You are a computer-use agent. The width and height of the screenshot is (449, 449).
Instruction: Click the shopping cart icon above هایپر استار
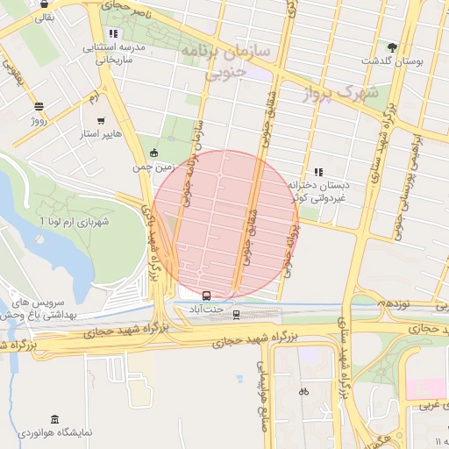(x=102, y=121)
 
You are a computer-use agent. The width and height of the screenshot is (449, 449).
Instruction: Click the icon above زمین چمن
(x=154, y=153)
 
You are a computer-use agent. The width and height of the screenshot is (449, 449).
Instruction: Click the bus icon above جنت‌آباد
(x=207, y=296)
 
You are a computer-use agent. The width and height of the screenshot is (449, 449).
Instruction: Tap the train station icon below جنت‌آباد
(x=236, y=315)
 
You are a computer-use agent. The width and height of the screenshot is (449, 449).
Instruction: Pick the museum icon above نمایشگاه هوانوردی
(x=55, y=419)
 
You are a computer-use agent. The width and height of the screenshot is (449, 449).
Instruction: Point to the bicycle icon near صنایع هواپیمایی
(x=303, y=391)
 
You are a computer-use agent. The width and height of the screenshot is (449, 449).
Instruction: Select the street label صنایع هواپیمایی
(x=262, y=396)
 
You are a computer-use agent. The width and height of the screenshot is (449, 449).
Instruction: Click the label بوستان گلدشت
(x=392, y=63)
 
